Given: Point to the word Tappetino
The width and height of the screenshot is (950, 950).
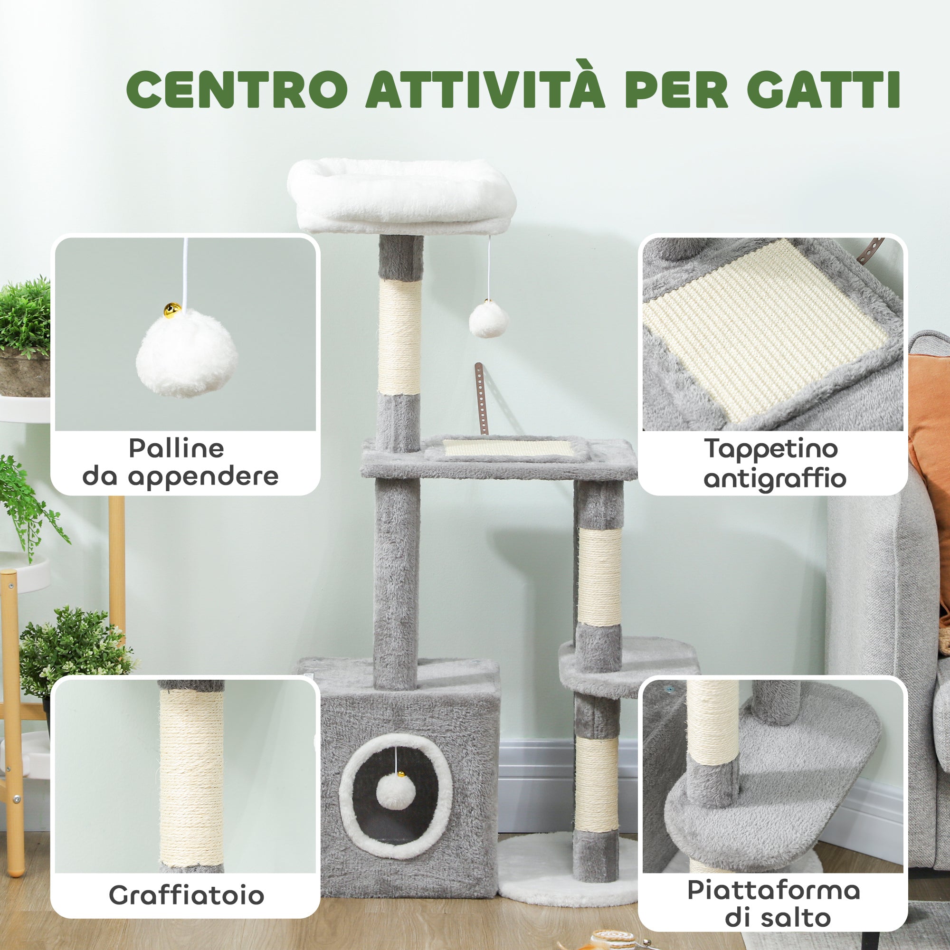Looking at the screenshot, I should coord(771,448).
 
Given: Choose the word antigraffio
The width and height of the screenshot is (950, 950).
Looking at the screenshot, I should coord(774,479).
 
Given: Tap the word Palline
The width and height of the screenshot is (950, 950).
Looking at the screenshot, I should coord(177,448).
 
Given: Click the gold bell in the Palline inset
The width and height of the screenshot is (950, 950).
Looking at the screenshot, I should coord(172,310).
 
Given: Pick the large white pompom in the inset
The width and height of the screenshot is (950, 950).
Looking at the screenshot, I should coord(186,352).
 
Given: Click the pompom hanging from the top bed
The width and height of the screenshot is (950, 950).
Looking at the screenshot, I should coord(488,320).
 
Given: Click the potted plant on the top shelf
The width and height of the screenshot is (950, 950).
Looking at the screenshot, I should coord(25,334).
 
